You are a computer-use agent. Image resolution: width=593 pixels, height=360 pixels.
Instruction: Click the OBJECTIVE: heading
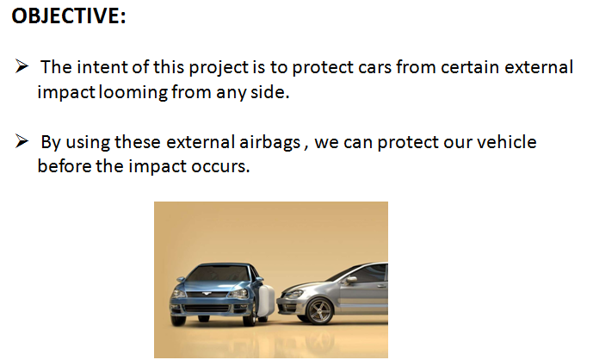(x=69, y=16)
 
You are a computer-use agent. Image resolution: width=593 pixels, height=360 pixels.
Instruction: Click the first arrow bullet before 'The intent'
(x=22, y=65)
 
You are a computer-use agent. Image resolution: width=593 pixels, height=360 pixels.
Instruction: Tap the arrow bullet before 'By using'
(x=22, y=141)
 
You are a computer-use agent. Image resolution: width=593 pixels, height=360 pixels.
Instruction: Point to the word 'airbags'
(x=270, y=143)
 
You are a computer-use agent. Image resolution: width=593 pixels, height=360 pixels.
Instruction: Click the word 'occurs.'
(x=220, y=166)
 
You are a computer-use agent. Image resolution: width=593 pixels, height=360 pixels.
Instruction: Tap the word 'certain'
(x=469, y=67)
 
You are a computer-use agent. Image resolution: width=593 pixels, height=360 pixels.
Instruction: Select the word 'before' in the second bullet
(x=65, y=166)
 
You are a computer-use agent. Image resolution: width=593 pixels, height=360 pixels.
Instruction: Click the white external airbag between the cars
(x=266, y=301)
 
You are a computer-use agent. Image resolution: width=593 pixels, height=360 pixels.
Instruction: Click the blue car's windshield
(x=219, y=274)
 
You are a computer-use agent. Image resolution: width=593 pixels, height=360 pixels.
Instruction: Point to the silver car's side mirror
(x=351, y=280)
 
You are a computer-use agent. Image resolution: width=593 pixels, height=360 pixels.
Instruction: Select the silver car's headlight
(x=293, y=294)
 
